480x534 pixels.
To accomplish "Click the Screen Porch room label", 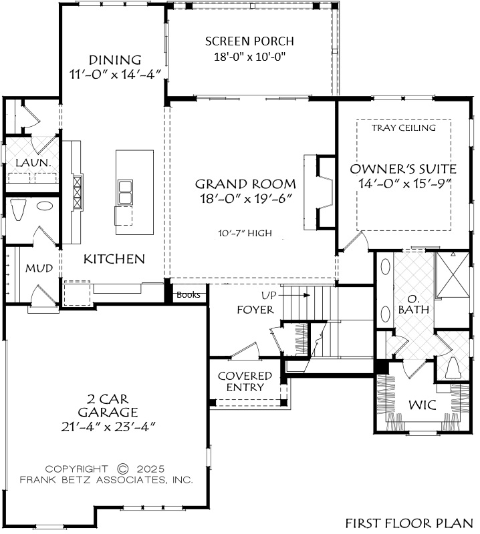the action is tap(249, 41).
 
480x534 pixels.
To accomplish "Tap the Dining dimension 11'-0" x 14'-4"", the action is tap(115, 74).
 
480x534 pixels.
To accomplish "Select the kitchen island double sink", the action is tap(125, 192).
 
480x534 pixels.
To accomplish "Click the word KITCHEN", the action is tap(114, 259).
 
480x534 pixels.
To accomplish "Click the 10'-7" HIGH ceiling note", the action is tap(245, 233).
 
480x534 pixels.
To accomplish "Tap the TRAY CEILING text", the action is tap(404, 127).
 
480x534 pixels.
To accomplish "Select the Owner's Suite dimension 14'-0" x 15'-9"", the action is tap(404, 183).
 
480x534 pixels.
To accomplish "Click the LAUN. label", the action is tap(33, 163).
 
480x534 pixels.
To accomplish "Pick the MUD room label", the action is tap(39, 268).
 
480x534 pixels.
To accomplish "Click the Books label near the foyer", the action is tap(189, 295).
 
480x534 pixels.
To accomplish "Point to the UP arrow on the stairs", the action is tap(296, 295).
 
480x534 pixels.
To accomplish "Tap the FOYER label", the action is tap(255, 310).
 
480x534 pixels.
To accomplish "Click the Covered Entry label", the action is tap(245, 381).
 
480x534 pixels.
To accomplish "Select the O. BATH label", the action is tap(414, 304).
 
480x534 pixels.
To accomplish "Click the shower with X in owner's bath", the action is tap(453, 274).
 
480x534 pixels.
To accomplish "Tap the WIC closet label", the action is tap(423, 405).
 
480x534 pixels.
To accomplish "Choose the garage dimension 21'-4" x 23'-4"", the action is tap(108, 427).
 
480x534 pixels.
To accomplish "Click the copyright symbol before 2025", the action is tap(123, 469).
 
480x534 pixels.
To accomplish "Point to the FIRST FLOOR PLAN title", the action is tap(409, 523).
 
